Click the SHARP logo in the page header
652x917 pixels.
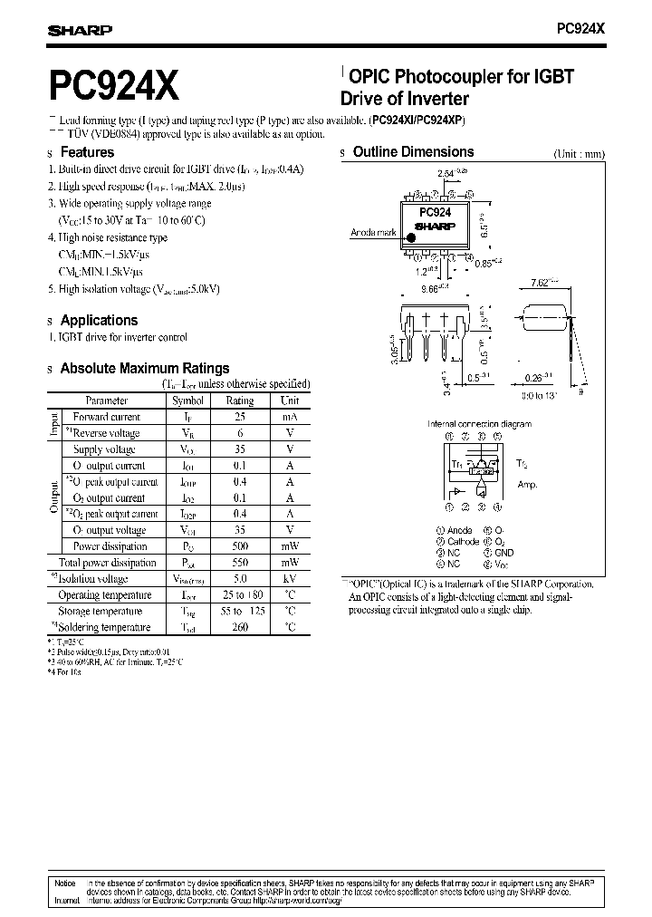click(80, 30)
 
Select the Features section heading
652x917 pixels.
click(87, 152)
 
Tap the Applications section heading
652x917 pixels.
click(99, 320)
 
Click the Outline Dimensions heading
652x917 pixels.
click(413, 152)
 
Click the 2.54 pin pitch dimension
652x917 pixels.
click(446, 171)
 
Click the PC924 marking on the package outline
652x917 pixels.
click(435, 211)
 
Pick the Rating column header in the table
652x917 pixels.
click(240, 400)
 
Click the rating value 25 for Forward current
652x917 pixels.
click(239, 417)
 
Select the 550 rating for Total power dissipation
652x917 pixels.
click(239, 563)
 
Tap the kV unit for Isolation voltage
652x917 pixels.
click(289, 579)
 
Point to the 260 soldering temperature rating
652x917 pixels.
click(239, 627)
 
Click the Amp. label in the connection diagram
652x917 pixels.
click(527, 486)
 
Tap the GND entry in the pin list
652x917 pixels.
click(504, 552)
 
